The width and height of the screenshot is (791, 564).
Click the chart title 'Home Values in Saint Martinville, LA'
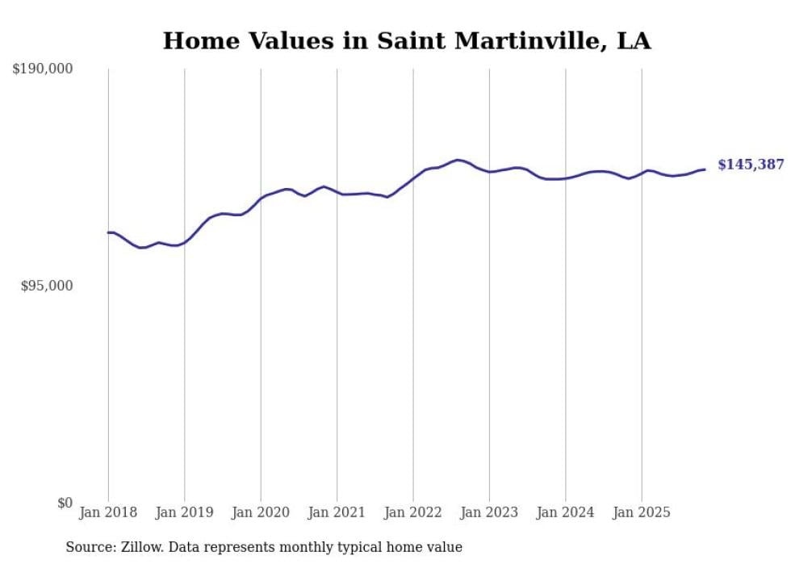[407, 41]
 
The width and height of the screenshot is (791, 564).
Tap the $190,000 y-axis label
[42, 69]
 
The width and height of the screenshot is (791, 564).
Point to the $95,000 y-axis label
[47, 286]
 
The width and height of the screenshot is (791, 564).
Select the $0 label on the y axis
[65, 503]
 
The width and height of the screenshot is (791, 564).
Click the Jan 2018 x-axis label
[108, 512]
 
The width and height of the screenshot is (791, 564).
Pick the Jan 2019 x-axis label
[184, 512]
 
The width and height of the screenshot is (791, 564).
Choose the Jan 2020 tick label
[261, 512]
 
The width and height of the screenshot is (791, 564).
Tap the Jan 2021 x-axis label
[337, 512]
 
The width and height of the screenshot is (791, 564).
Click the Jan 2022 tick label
[413, 512]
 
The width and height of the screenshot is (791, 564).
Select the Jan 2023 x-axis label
[489, 512]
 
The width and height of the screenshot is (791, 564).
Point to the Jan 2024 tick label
[565, 512]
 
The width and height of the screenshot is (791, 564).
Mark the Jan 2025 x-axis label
[642, 512]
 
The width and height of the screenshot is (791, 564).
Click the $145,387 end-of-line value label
[751, 165]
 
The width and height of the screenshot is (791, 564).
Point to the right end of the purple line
[705, 169]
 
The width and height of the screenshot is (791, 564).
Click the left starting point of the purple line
[108, 232]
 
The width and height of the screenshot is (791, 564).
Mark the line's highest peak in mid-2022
[458, 160]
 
